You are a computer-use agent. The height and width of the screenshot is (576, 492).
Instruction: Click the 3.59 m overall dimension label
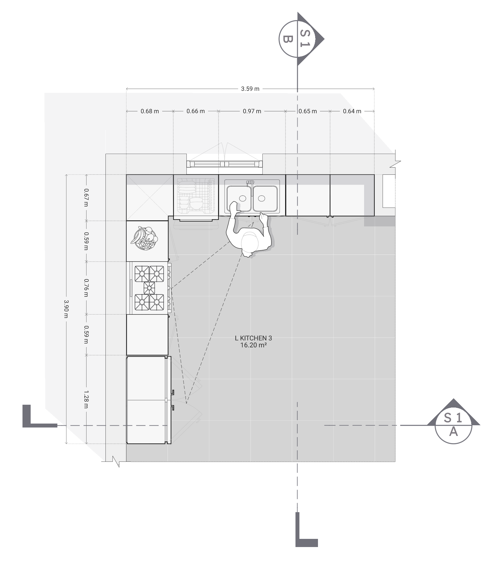250,89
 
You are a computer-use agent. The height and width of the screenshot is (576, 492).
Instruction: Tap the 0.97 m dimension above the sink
252,111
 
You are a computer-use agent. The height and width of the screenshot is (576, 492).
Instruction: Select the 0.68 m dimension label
150,111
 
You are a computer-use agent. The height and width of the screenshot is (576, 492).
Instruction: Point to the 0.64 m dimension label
352,111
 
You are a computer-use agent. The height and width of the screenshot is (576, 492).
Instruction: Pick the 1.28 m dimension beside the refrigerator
86,399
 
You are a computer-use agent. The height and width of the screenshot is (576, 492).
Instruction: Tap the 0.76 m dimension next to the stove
86,288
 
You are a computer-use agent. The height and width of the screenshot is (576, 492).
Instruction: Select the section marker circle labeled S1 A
453,425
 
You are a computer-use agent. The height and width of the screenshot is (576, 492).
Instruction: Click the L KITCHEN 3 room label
253,338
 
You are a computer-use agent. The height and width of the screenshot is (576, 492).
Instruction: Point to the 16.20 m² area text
253,345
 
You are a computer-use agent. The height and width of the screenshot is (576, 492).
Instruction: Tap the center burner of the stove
149,288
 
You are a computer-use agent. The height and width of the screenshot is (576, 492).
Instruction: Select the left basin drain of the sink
242,198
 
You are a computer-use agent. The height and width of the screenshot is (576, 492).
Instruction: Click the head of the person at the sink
250,243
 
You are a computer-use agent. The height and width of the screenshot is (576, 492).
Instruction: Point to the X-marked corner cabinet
149,197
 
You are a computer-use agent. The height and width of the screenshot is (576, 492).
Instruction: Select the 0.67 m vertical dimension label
86,197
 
